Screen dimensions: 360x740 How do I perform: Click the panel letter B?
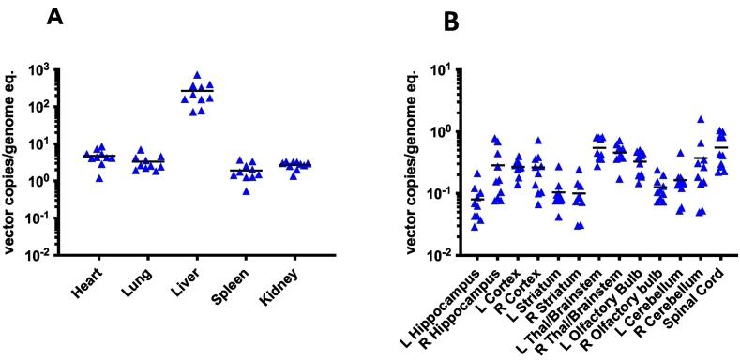click(453, 22)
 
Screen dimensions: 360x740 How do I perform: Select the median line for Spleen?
click(249, 171)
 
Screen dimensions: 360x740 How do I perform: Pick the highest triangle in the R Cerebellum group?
click(700, 120)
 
